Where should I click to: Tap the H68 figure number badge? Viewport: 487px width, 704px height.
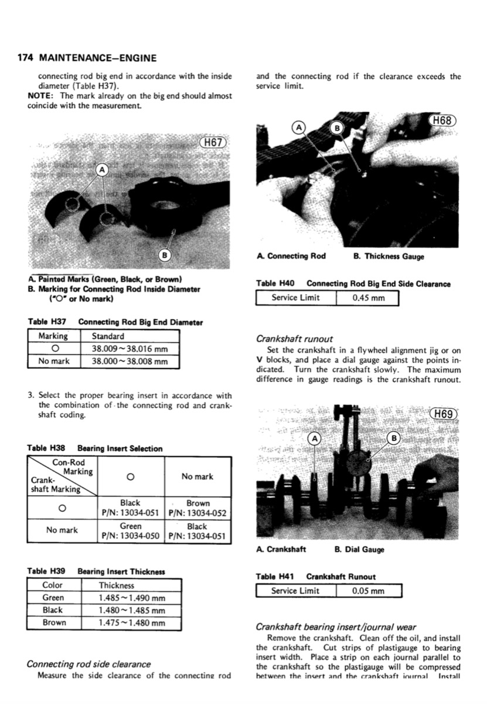coord(442,121)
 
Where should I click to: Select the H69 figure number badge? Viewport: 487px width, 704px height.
coord(444,414)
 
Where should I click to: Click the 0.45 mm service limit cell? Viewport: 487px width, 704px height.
coord(369,297)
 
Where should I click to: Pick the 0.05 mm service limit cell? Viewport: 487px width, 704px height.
coord(369,590)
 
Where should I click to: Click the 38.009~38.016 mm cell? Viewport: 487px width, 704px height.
coord(130,349)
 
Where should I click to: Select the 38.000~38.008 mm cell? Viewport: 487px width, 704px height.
coord(130,361)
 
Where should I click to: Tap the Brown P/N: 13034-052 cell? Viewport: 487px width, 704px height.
coord(197,508)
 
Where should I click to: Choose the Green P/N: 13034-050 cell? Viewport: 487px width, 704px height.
coord(130,531)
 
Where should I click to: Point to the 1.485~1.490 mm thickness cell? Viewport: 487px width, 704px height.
coord(131,598)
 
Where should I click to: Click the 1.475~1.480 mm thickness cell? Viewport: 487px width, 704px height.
coord(131,622)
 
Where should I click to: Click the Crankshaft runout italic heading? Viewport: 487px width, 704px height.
coord(295,339)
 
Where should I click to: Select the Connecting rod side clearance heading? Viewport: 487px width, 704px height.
coord(88,664)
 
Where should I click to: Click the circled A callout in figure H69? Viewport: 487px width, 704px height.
coord(315,438)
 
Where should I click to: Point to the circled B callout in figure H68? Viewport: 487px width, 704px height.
coord(337,127)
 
